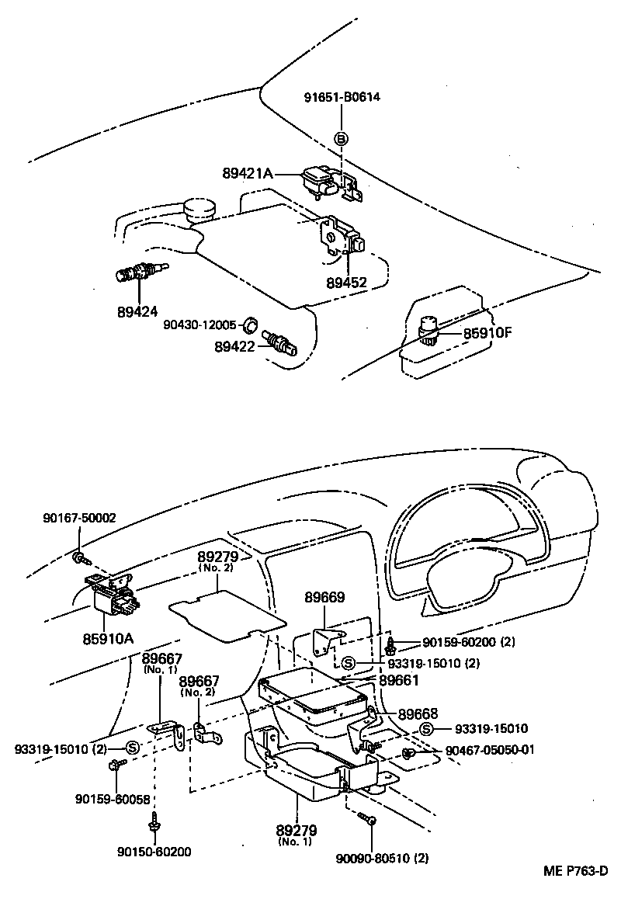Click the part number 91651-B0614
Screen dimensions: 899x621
[x=341, y=97]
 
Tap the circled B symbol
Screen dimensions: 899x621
[x=341, y=139]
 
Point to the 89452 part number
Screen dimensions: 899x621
[x=346, y=283]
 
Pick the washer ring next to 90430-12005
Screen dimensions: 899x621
[x=251, y=324]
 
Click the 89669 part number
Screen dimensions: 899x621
[x=324, y=598]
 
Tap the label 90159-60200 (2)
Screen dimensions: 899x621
[x=468, y=642]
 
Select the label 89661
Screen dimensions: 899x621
[x=399, y=680]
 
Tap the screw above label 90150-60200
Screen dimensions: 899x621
[x=155, y=820]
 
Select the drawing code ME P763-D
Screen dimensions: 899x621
[x=574, y=872]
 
